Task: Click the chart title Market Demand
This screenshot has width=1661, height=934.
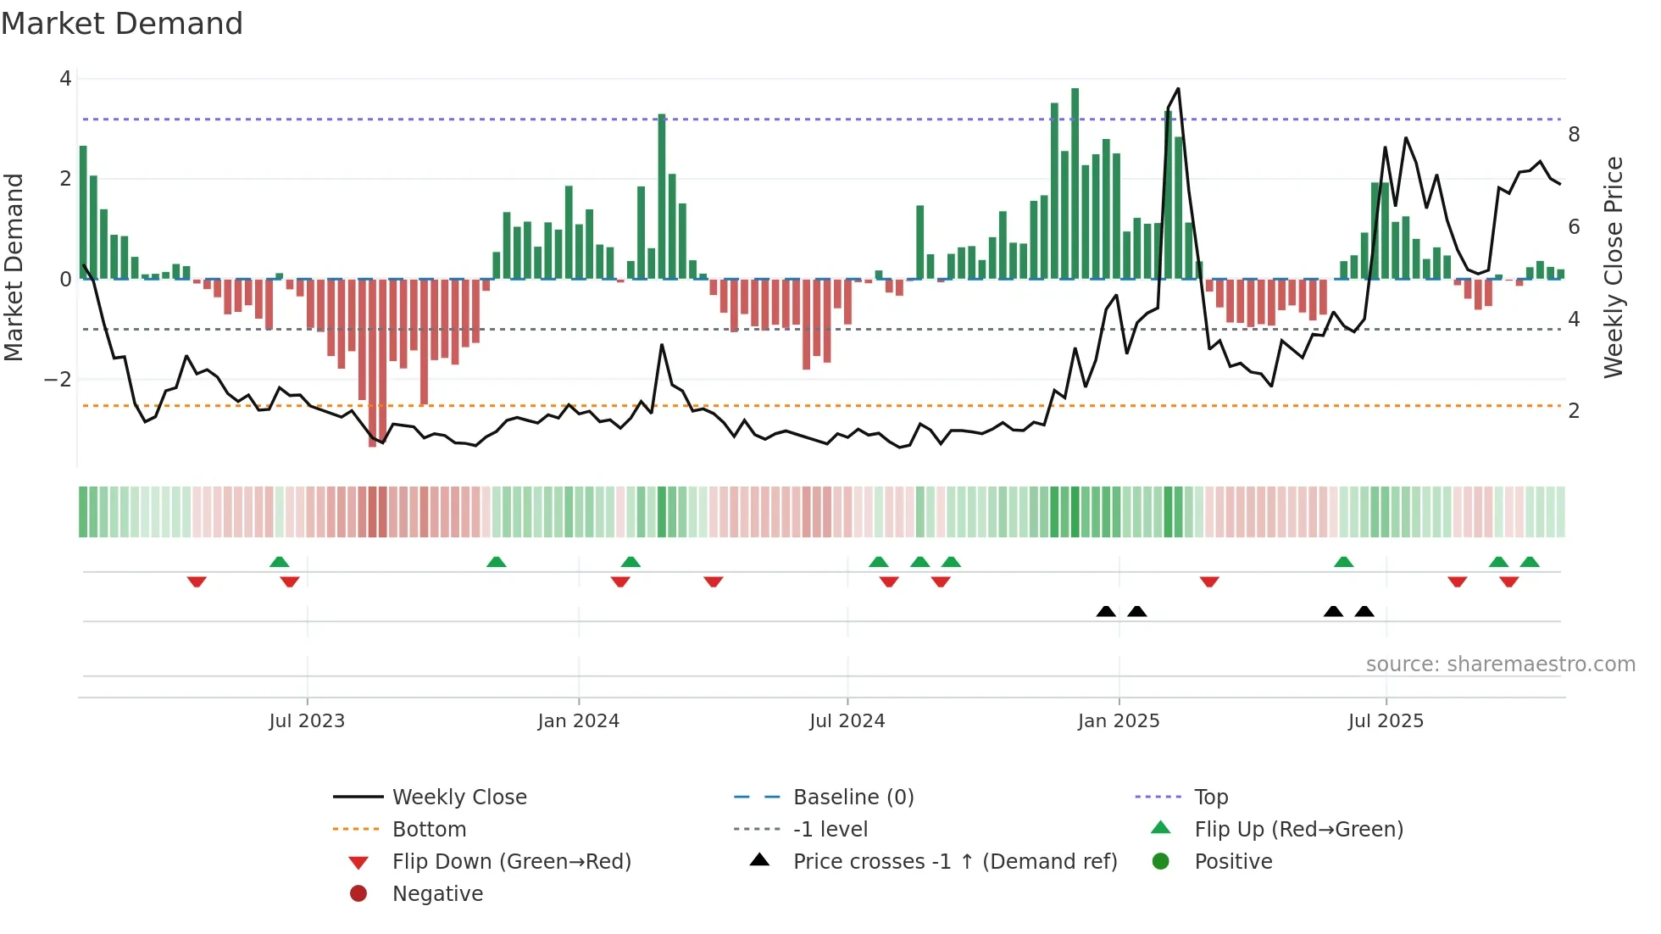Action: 122,23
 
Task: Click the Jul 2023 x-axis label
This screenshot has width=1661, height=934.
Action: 307,721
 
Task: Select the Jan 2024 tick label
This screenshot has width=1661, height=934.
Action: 578,721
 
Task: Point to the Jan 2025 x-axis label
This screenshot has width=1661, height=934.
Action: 1118,721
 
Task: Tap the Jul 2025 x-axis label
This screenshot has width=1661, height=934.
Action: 1386,721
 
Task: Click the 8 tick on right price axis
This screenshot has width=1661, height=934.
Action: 1574,134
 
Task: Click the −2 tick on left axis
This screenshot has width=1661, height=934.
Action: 58,379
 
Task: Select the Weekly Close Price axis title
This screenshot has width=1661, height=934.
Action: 1614,267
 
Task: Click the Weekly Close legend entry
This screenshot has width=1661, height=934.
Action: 458,797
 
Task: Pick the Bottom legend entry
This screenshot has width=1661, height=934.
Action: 429,829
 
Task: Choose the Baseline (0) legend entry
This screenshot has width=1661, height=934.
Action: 853,797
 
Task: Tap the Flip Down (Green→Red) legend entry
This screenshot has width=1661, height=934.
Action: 511,861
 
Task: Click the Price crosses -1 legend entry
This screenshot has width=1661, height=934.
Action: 954,861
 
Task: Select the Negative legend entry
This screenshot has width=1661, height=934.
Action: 437,893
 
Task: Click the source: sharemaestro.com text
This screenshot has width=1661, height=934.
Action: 1500,664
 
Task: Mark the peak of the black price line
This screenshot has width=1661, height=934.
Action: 1178,89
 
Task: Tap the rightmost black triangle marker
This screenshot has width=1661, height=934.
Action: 1364,611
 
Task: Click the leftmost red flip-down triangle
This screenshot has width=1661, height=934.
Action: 197,581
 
